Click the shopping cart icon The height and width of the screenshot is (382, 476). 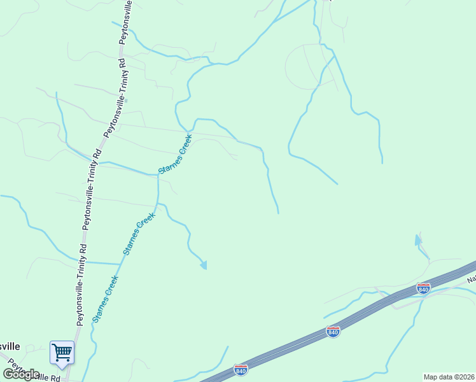[62, 352]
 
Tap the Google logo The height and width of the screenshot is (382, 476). [21, 374]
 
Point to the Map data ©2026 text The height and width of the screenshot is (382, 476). [449, 377]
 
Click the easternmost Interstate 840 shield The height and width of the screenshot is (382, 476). [423, 288]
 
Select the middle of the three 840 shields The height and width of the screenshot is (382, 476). [332, 332]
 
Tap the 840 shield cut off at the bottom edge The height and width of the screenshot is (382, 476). [241, 369]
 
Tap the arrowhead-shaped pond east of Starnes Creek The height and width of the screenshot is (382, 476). [204, 264]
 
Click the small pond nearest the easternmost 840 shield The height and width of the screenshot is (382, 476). [418, 240]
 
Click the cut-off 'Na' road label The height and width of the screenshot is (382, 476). [471, 279]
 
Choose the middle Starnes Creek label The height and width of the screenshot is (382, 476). [139, 234]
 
